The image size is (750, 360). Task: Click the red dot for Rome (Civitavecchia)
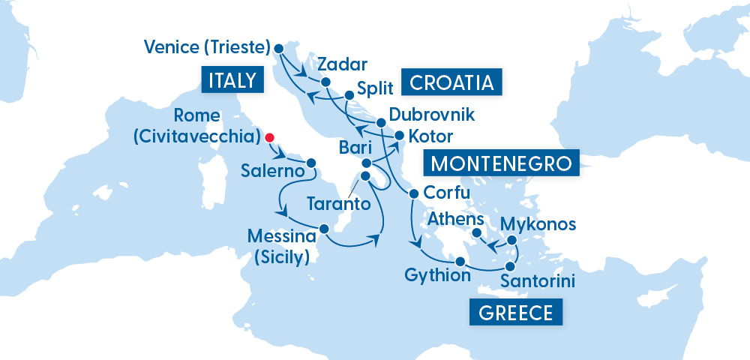tap(270, 138)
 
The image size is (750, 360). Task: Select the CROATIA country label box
tap(451, 82)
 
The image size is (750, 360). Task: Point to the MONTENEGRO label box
tap(502, 163)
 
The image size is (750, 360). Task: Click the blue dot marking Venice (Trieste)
tap(279, 48)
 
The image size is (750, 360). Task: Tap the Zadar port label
tap(335, 63)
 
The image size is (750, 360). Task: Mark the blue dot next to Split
tap(349, 95)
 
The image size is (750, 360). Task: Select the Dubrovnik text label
tap(431, 115)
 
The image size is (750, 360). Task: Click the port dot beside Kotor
tap(400, 136)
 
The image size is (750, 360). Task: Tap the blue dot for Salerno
tap(310, 162)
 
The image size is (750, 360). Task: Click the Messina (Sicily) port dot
tap(324, 229)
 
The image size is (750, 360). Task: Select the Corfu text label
tap(447, 193)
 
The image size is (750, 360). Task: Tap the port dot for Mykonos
tap(512, 241)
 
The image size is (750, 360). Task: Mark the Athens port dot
tap(475, 235)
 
